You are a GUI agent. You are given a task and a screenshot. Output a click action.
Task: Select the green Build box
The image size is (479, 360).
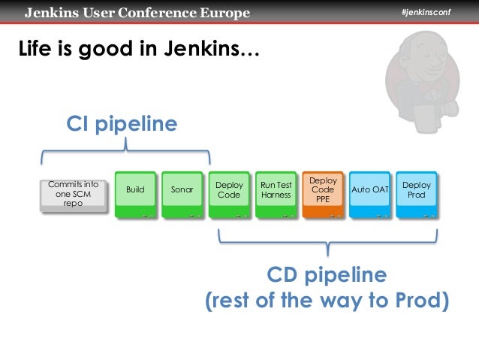(135, 192)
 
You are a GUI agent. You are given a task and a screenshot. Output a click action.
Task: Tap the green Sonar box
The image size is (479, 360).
(182, 192)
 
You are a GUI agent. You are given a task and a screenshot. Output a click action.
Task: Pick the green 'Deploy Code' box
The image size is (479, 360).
(228, 192)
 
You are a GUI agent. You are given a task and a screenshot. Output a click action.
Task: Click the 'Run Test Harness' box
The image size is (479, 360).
(276, 192)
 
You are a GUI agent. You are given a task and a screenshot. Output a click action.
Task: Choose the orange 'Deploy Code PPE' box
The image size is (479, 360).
(323, 192)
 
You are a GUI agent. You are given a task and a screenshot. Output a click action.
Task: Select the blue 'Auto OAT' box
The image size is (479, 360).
(370, 192)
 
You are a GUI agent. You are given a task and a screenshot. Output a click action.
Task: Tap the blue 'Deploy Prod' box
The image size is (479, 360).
(417, 192)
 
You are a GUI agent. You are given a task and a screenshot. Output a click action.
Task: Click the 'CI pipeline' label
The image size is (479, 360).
(122, 123)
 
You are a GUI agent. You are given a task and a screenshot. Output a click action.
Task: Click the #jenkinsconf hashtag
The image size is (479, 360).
(425, 13)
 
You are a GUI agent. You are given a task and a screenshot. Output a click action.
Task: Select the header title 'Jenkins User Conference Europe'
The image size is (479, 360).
(136, 13)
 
